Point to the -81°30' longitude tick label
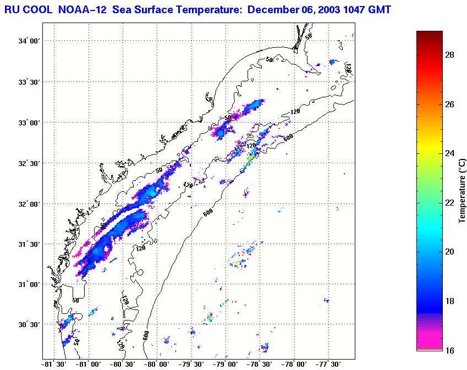[x=53, y=364]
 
